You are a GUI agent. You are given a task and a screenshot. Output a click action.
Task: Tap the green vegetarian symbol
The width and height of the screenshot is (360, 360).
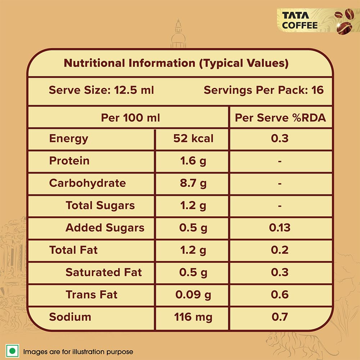tap(13, 351)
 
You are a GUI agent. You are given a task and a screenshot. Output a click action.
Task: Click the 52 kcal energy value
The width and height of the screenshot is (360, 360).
tap(193, 138)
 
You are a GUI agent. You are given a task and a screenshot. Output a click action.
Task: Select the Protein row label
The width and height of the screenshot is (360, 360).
tap(69, 161)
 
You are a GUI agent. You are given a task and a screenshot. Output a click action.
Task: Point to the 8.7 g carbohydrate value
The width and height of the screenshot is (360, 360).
tap(193, 183)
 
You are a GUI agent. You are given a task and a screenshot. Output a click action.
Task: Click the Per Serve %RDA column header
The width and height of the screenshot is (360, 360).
tap(280, 118)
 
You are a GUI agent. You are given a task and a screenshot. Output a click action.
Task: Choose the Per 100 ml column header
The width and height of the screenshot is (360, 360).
tap(130, 118)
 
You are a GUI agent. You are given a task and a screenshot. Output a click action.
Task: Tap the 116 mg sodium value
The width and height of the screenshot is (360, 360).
tap(193, 317)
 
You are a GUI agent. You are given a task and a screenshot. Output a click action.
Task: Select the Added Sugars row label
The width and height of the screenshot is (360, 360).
tap(105, 228)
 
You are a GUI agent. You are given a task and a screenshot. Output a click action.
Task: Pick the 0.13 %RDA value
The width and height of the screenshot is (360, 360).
tap(280, 228)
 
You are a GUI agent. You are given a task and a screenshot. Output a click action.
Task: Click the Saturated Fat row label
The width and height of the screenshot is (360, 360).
tap(104, 273)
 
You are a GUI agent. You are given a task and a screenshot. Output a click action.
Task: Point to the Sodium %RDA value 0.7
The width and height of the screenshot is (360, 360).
tap(280, 317)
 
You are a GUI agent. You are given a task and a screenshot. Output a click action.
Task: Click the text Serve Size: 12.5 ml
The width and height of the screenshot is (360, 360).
tap(102, 90)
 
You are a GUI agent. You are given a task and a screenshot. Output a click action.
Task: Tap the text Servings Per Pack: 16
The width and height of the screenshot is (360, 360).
tap(264, 90)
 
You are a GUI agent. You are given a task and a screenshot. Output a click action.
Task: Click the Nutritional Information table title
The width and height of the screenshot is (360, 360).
tap(176, 63)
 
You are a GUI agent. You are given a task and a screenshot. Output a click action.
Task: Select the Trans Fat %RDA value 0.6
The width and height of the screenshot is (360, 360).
tap(280, 295)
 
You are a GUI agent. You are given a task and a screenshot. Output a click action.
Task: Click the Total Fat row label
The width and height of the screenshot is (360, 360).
tap(73, 250)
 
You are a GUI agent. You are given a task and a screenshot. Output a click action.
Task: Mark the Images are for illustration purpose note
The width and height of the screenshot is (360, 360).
tap(78, 352)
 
